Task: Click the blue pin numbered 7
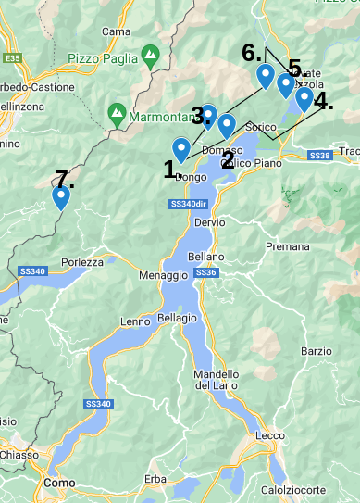click(61, 197)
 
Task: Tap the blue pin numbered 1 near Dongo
click(181, 148)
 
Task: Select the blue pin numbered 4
click(304, 97)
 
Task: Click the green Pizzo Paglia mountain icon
click(150, 57)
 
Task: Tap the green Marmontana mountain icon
click(117, 115)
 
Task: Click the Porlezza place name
click(83, 262)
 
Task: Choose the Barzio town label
click(316, 351)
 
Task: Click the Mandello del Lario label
click(217, 380)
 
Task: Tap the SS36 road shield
click(206, 272)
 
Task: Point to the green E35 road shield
click(12, 58)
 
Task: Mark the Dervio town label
click(210, 222)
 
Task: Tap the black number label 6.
click(252, 53)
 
